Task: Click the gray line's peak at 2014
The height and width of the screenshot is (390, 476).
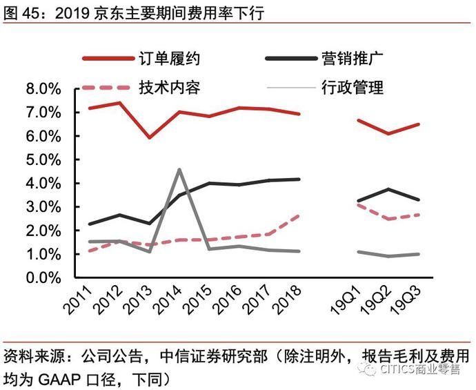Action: tap(179, 169)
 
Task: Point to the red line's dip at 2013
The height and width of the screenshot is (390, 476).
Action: tap(149, 137)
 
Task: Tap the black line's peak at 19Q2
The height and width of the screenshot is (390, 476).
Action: tap(390, 189)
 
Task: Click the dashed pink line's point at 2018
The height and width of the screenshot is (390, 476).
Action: tap(299, 215)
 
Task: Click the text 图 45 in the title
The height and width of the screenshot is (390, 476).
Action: tap(19, 12)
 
